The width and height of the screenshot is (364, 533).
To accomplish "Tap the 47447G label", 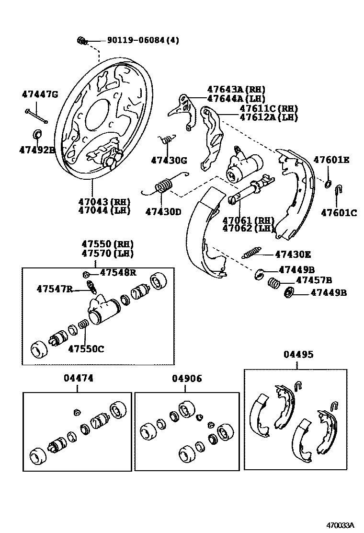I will [40, 94].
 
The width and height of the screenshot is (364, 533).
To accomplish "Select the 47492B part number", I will [37, 150].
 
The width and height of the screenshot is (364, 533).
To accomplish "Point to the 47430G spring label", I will [169, 160].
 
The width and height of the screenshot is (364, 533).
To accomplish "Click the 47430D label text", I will [163, 211].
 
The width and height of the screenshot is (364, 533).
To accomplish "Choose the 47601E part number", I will [331, 160].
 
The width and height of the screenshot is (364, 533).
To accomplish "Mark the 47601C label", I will [339, 213].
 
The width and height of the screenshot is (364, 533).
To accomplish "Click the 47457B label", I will [314, 280].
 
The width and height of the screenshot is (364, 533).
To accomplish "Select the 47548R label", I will [118, 273].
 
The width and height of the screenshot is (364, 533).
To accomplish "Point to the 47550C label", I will [85, 348].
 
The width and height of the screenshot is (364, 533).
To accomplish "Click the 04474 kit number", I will [78, 378].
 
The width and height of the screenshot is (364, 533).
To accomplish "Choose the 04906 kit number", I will [187, 378].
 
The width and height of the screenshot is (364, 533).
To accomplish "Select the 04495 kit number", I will [298, 354].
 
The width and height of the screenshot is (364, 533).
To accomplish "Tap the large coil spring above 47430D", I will [163, 184].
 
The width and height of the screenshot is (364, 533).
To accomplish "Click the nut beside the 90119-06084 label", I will [81, 40].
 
